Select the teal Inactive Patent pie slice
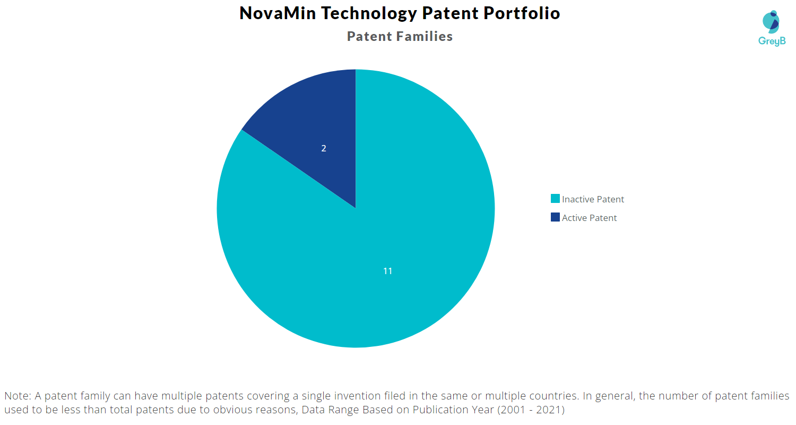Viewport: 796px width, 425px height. coord(371,255)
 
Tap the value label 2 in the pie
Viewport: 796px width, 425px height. coord(324,148)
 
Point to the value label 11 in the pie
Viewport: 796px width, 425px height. coord(388,271)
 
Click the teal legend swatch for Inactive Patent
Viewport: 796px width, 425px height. coord(555,199)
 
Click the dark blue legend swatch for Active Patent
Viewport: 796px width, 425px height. coord(555,217)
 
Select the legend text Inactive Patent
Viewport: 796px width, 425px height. coord(593,199)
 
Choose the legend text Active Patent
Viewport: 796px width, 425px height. coord(589,218)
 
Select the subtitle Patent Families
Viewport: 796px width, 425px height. coord(400,36)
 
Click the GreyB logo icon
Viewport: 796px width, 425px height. coord(771,21)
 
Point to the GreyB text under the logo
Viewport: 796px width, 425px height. coord(772,41)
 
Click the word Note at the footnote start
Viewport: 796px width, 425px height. coord(16,396)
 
